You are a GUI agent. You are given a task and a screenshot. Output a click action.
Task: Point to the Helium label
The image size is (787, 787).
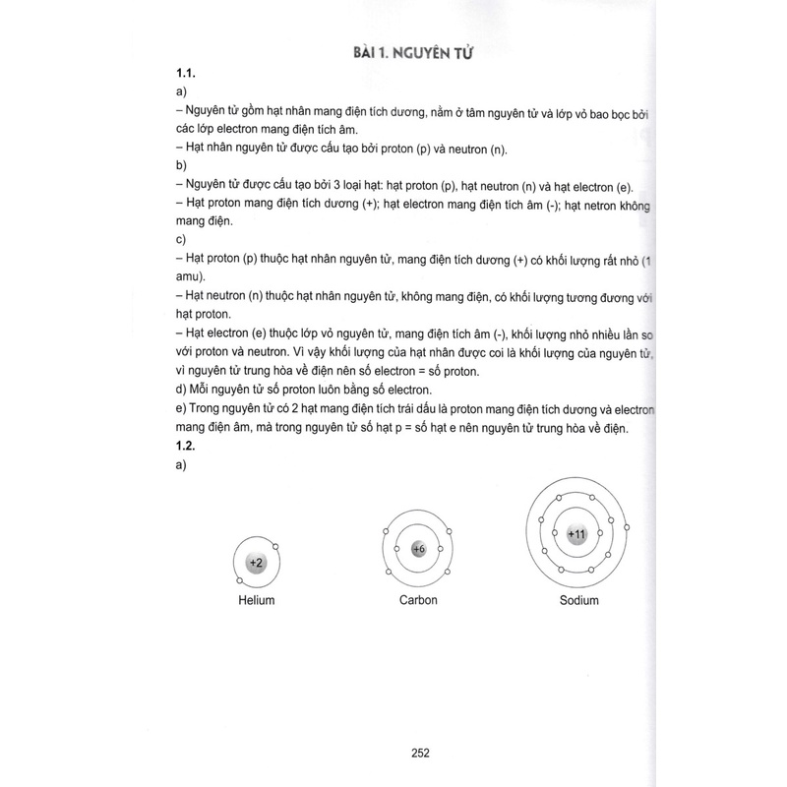click(256, 600)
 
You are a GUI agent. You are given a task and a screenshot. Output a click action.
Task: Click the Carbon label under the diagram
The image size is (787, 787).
click(418, 600)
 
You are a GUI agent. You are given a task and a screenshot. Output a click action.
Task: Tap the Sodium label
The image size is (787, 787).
click(578, 600)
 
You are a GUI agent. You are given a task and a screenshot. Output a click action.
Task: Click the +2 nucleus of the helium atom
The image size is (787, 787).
click(256, 563)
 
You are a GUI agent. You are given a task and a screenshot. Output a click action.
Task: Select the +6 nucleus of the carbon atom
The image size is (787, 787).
click(418, 549)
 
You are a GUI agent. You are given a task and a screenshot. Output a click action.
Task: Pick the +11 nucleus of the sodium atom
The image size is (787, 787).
click(577, 533)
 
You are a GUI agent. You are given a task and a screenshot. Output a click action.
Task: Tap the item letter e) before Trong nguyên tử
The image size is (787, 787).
click(182, 411)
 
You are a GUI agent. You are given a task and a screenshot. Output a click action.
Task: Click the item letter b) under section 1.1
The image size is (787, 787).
click(181, 167)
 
